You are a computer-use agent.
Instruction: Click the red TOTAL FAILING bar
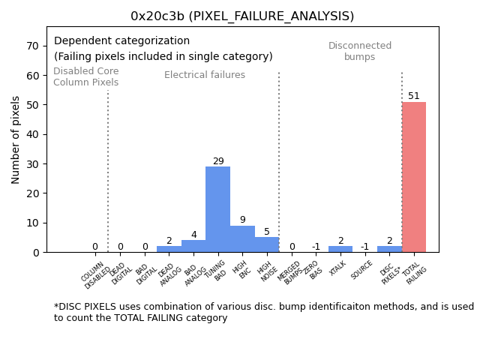tap(413, 177)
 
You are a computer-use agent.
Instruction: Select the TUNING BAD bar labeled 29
tap(217, 209)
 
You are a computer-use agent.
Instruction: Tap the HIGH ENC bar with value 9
tap(242, 238)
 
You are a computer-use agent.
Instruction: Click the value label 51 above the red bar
tap(414, 96)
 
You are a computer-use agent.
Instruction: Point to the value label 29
tap(218, 161)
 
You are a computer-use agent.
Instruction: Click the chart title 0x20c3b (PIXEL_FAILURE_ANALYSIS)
tap(242, 16)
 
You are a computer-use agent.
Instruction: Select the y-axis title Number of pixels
tap(16, 139)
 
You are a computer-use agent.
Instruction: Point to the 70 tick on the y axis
tap(34, 46)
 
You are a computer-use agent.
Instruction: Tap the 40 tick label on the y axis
tap(34, 134)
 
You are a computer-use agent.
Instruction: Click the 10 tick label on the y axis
tap(34, 223)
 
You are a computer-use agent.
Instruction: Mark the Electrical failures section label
tap(205, 75)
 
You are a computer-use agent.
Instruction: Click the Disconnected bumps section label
tap(360, 52)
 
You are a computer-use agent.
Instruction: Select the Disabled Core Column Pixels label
tap(85, 77)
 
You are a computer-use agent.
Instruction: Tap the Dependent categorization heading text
tap(121, 41)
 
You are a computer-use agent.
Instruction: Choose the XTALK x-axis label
tap(338, 268)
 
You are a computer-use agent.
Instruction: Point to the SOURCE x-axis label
tap(362, 270)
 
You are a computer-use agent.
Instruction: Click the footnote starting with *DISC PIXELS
tap(263, 312)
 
